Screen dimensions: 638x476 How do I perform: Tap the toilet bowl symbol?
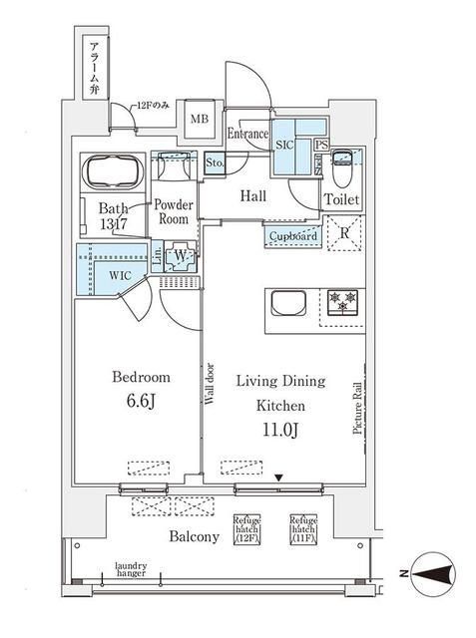tap(342, 166)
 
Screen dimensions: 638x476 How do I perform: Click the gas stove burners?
tap(341, 302)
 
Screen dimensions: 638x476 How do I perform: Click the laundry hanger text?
tap(131, 568)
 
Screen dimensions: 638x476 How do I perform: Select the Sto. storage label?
tap(214, 161)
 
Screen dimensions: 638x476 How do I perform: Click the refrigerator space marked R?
tap(342, 235)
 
